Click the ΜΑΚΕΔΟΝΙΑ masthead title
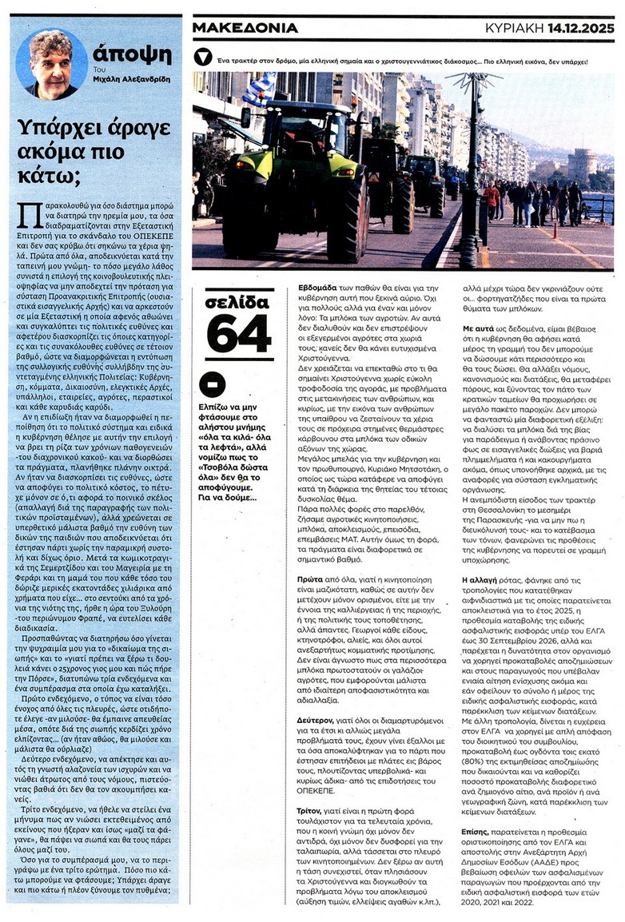point(246,27)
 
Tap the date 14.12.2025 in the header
point(580,27)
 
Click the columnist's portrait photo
point(51,64)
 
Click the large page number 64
point(239,334)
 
